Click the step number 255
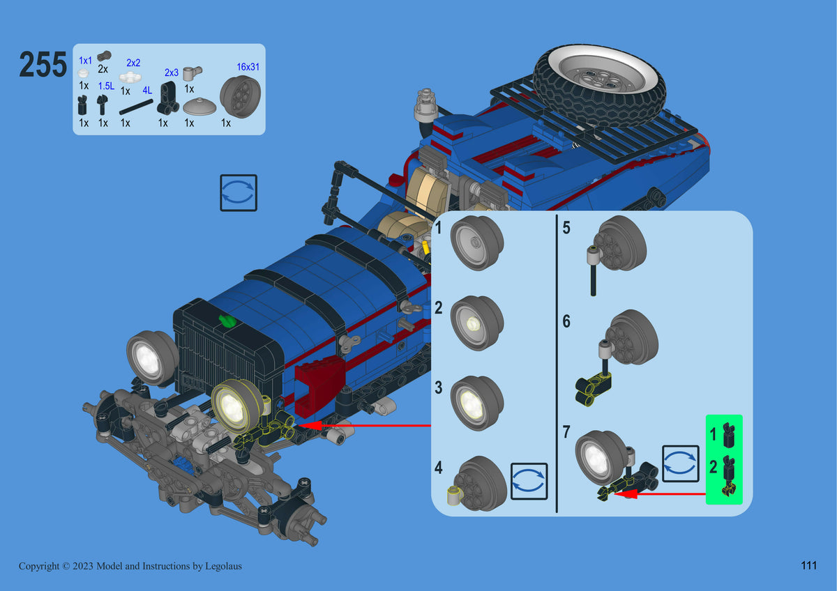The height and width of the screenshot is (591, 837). (x=43, y=65)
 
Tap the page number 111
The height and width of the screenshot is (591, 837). (x=808, y=566)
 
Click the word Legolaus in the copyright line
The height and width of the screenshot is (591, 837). (x=223, y=567)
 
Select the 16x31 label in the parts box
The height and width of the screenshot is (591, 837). (x=248, y=67)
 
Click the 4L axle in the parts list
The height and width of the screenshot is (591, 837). (x=136, y=107)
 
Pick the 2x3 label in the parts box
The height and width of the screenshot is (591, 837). (x=172, y=72)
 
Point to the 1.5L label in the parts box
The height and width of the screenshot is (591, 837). (x=106, y=86)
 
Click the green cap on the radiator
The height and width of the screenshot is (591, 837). (x=227, y=321)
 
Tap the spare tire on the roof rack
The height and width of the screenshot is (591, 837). (x=598, y=85)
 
